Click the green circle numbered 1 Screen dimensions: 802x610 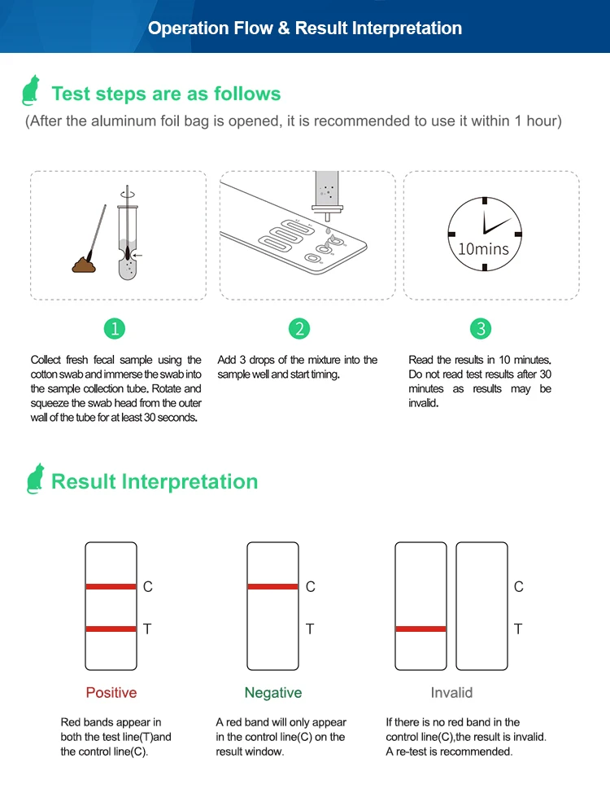tap(115, 328)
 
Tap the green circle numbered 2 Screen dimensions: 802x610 tap(299, 328)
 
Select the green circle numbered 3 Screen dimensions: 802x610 tap(481, 328)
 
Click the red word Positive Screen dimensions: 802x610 tap(111, 693)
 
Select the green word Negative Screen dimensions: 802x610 tap(273, 693)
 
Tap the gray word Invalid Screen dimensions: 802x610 tap(451, 693)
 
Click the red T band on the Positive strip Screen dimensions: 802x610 tap(111, 629)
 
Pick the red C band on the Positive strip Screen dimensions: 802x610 tap(111, 586)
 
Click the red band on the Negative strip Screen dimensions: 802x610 tap(272, 586)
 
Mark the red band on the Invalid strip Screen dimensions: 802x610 tap(420, 629)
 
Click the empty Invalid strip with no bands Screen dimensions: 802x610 tap(481, 607)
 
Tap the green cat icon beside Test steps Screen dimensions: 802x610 tap(32, 90)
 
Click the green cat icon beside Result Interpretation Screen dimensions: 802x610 tap(35, 479)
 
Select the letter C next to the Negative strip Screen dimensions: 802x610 tap(311, 586)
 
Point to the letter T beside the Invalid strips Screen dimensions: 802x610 tap(518, 629)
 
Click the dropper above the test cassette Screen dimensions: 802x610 tap(328, 195)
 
